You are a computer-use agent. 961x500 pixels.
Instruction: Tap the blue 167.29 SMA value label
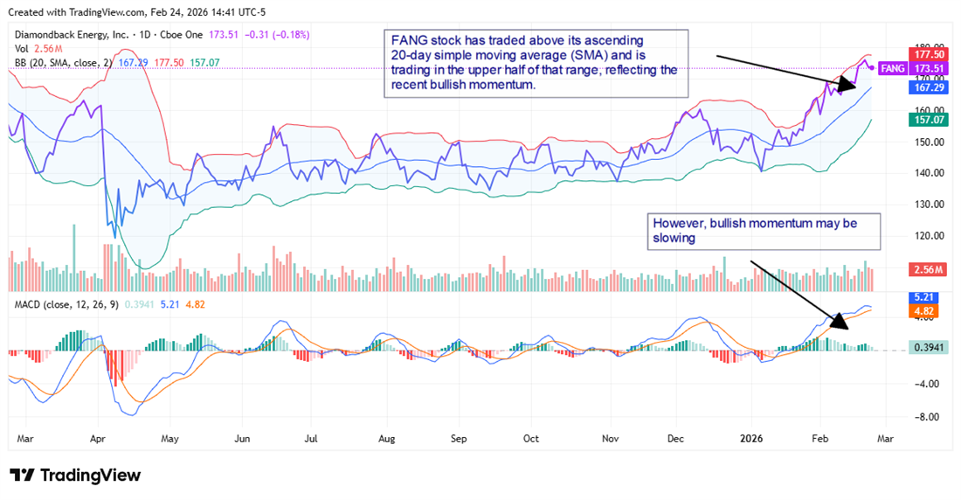[927, 87]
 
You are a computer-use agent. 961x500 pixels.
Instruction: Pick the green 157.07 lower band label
[927, 120]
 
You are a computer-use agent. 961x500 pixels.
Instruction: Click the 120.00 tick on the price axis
[926, 235]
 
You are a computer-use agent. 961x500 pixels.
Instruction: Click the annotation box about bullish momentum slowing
[763, 231]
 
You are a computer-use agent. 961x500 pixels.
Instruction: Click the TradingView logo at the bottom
[75, 475]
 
